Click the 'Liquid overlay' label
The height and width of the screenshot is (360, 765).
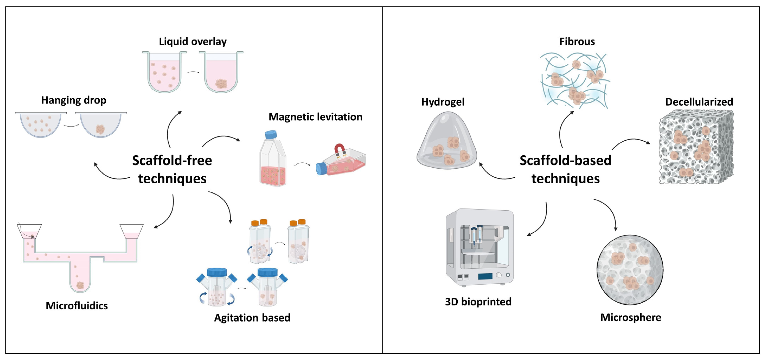tap(193, 41)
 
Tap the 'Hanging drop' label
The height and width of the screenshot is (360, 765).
tap(74, 100)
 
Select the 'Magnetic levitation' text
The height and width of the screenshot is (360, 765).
tap(315, 117)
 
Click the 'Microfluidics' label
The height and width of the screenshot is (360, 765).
tap(77, 306)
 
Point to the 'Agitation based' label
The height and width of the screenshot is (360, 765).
tap(252, 317)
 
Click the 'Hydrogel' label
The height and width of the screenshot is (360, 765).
tap(443, 102)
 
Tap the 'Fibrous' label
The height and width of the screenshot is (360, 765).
tap(577, 41)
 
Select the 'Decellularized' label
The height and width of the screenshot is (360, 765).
tap(699, 102)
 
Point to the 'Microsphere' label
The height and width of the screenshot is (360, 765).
tap(631, 317)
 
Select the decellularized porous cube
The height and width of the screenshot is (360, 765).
tap(696, 147)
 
